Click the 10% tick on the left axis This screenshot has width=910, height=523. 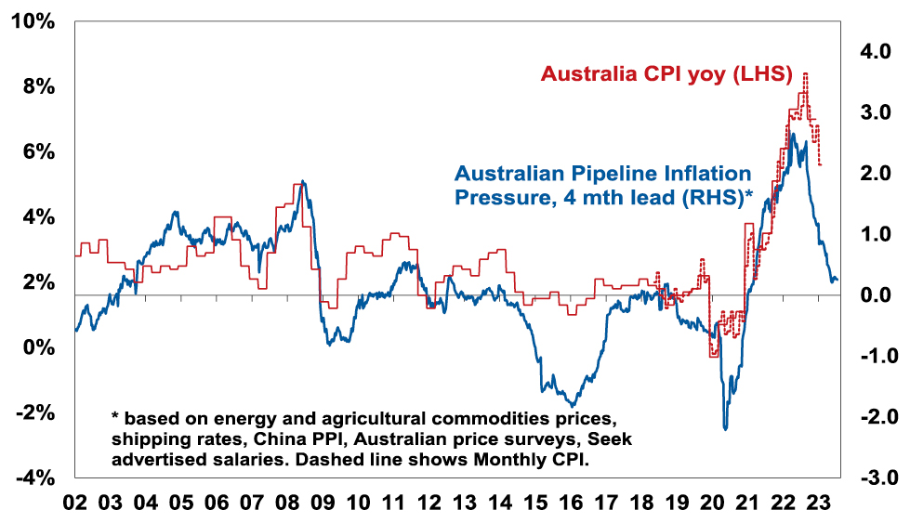pos(32,20)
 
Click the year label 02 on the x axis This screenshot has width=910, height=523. pos(74,503)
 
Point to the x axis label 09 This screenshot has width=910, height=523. pos(323,503)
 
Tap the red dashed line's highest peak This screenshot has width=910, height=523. pos(805,73)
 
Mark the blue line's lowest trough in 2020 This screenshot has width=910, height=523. pos(725,428)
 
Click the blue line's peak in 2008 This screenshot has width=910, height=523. pos(303,181)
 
